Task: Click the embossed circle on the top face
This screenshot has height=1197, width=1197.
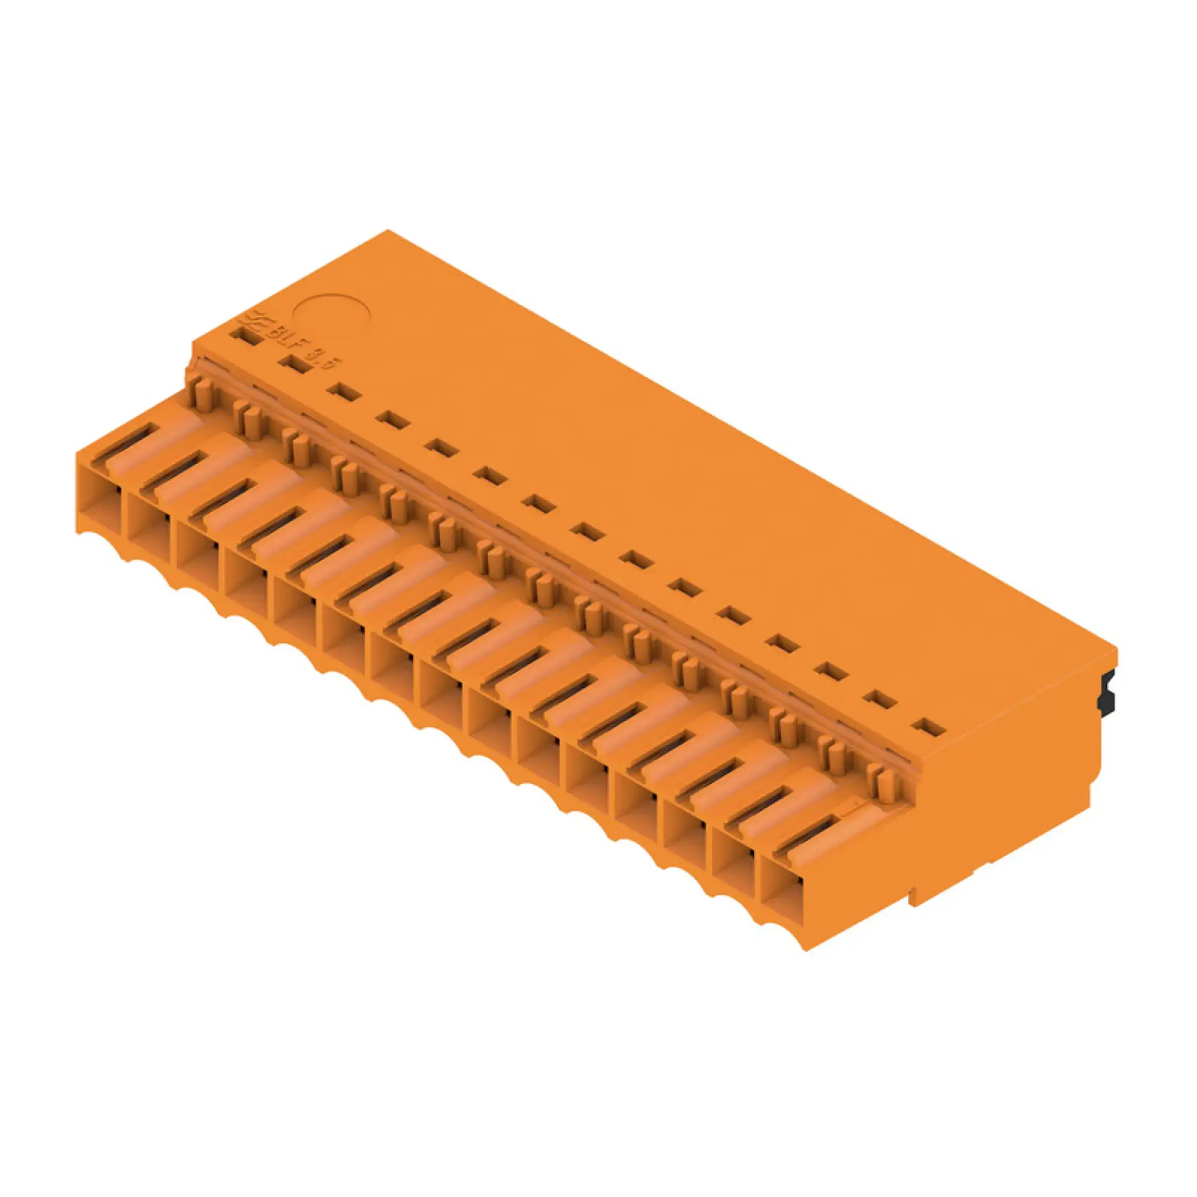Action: click(x=332, y=323)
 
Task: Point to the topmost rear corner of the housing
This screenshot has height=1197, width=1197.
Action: click(x=388, y=230)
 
